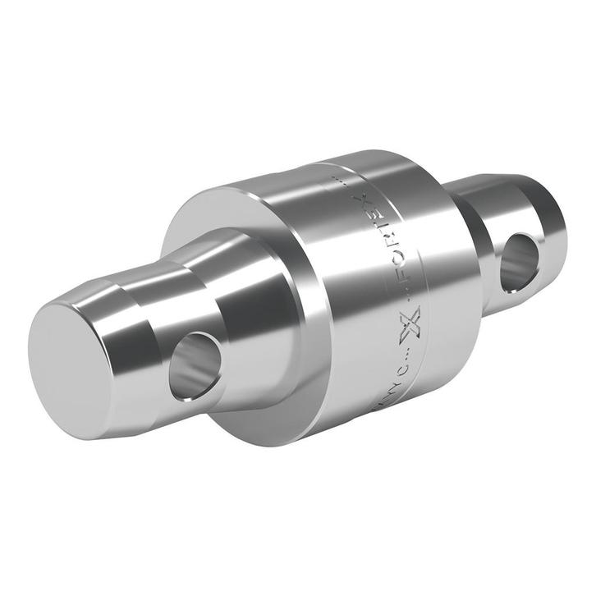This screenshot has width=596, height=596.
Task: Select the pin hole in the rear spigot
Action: coord(520,261)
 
